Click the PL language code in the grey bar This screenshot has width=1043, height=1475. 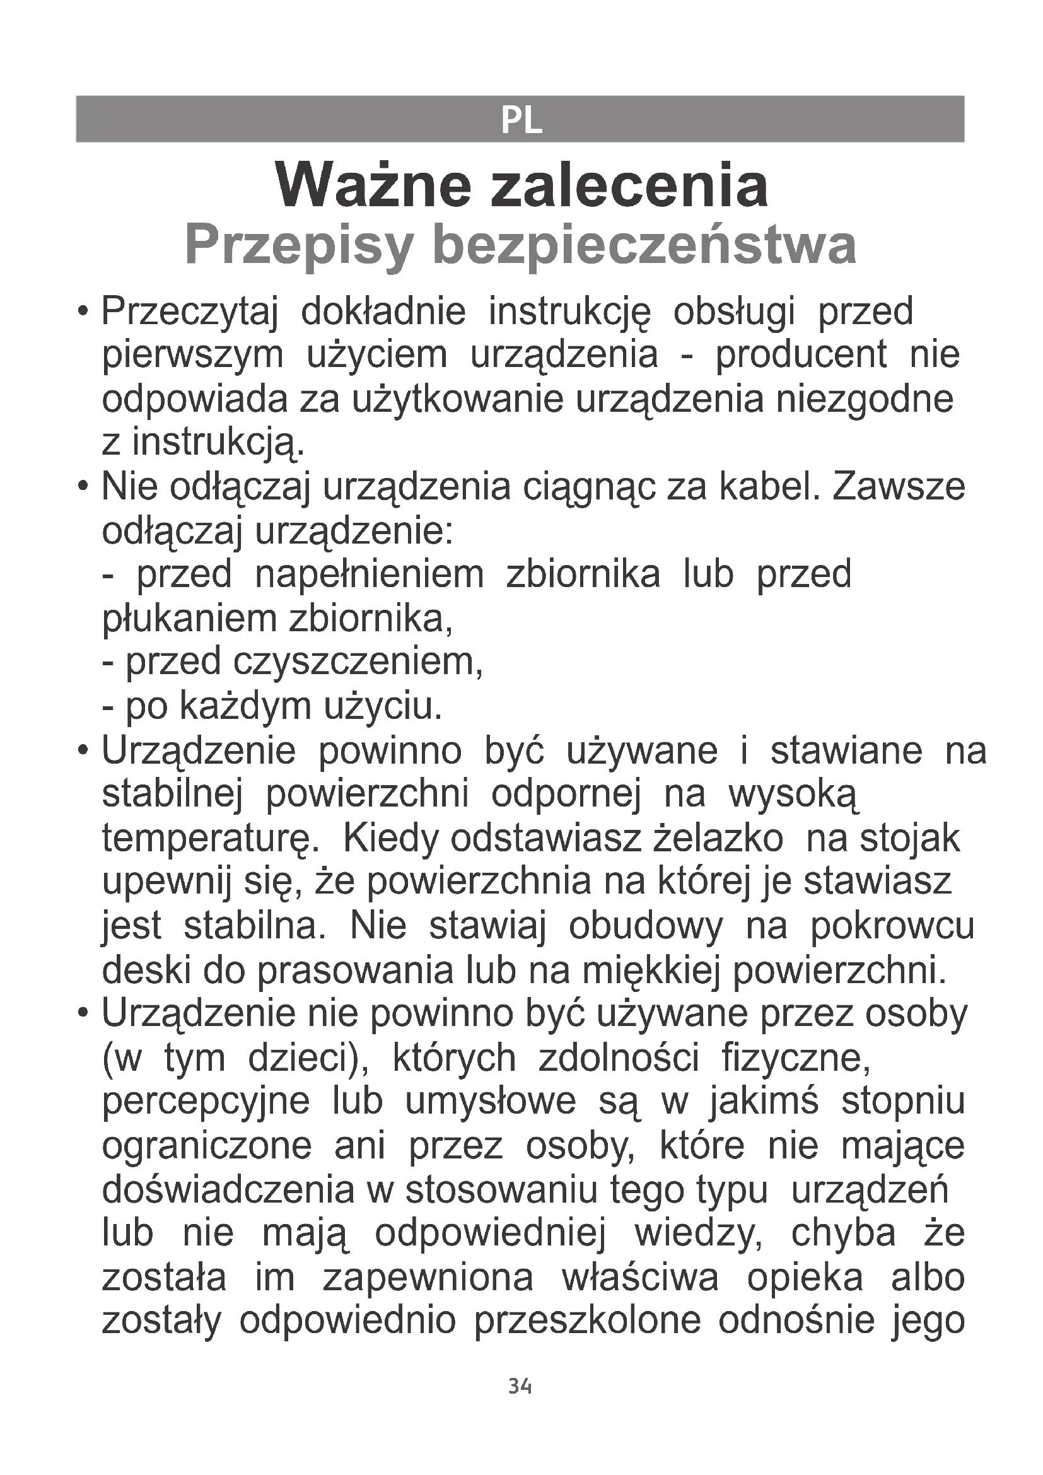click(521, 120)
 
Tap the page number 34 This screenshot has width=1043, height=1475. click(520, 1385)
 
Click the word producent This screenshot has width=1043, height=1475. click(801, 354)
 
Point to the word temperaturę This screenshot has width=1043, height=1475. click(207, 838)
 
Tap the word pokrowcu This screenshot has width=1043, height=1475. click(892, 926)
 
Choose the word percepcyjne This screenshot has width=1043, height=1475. click(206, 1102)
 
